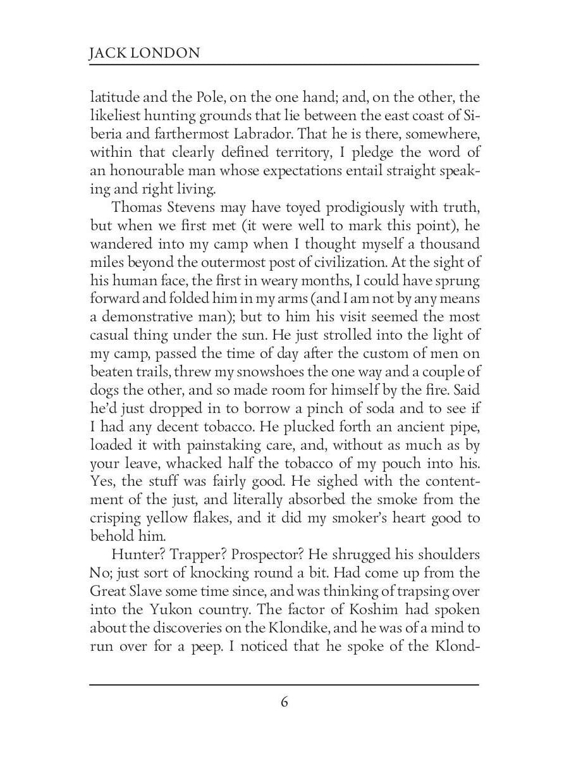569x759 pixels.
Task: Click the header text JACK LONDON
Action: (x=144, y=52)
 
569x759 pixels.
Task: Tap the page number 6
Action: (x=284, y=702)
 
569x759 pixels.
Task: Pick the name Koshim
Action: (x=369, y=609)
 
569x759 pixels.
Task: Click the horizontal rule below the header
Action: (x=284, y=65)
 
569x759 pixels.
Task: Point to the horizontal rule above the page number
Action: (x=284, y=684)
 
